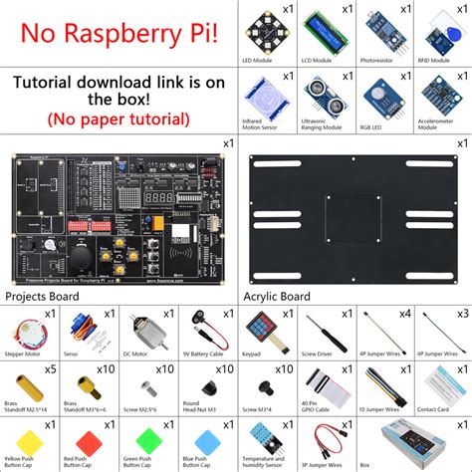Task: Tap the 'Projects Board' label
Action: (x=43, y=297)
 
